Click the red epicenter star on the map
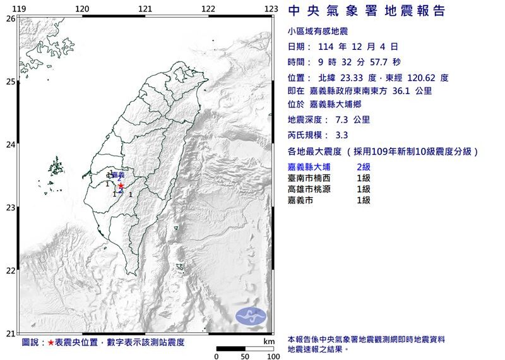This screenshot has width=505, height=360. pyautogui.click(x=121, y=186)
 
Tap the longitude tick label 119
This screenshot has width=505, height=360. pyautogui.click(x=19, y=8)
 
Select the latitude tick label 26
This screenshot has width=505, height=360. pyautogui.click(x=10, y=18)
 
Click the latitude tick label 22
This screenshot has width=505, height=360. pyautogui.click(x=10, y=270)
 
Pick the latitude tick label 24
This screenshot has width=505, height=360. pyautogui.click(x=10, y=145)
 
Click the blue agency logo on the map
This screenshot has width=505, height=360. pyautogui.click(x=251, y=316)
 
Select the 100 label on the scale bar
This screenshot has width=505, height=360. pyautogui.click(x=273, y=356)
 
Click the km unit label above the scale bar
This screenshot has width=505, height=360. pyautogui.click(x=269, y=341)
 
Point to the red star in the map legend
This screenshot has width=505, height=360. pyautogui.click(x=50, y=342)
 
